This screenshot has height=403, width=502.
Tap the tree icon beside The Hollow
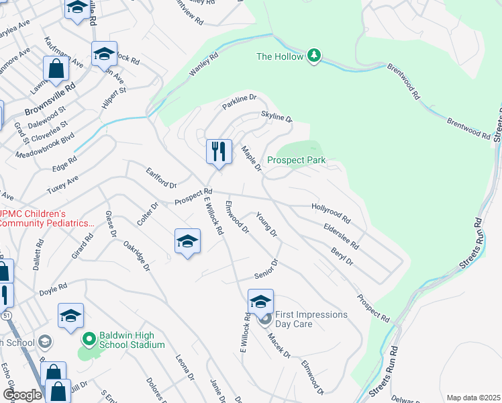[313, 56]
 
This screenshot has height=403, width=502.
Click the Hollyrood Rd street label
[331, 214]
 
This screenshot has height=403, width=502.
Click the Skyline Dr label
[277, 118]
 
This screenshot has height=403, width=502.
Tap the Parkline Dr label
[240, 101]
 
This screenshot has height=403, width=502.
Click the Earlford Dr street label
[161, 179]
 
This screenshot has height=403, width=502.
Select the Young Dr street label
[266, 224]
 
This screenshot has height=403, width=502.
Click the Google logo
[21, 395]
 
